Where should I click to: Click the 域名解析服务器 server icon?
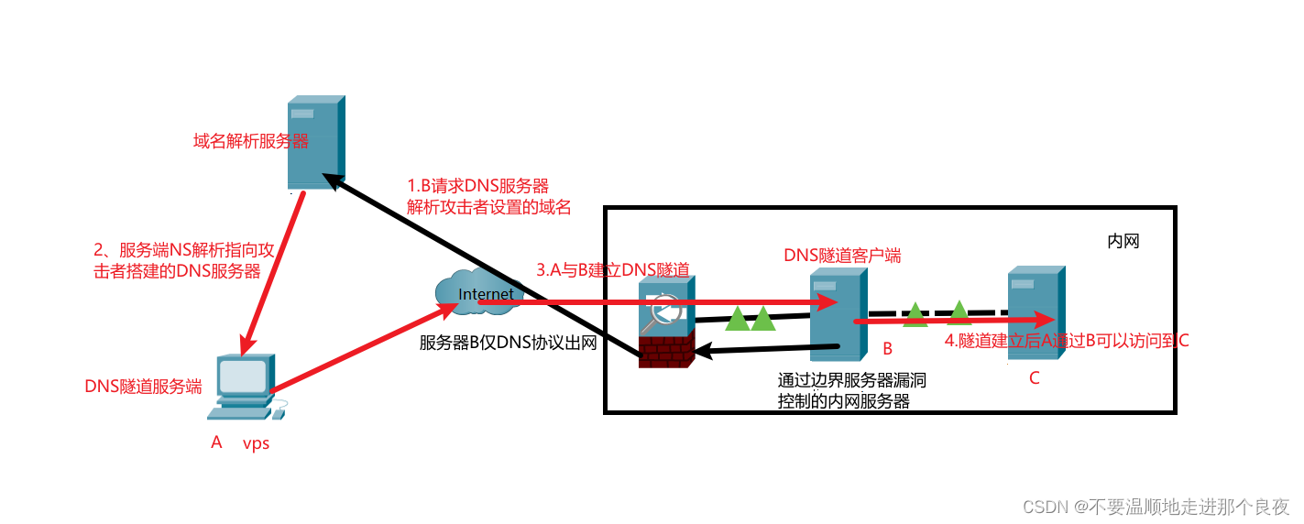tap(316, 142)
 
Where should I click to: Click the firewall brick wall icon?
tap(666, 349)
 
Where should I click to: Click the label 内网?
tap(1123, 242)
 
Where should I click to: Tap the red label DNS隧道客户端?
tap(842, 256)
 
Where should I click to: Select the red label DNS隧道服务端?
tap(143, 387)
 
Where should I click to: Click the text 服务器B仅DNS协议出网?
tap(509, 344)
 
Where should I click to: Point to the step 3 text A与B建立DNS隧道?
tap(612, 269)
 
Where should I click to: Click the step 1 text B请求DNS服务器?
tap(478, 186)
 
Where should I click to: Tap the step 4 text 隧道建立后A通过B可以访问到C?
tap(1067, 341)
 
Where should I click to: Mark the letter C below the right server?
tap(1035, 377)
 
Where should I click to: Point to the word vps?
tap(256, 444)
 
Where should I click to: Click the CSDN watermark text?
tap(1156, 507)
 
